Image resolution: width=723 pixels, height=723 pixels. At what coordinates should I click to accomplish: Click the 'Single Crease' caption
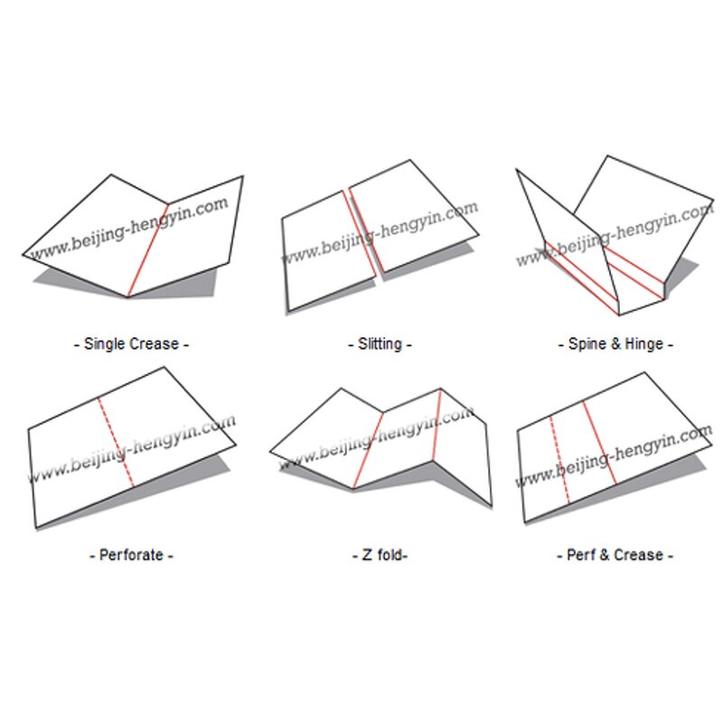coord(131,344)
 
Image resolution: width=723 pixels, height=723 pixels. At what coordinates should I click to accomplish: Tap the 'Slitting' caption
coord(380,344)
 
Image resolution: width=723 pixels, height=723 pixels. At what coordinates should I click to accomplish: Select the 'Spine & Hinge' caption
coord(615,344)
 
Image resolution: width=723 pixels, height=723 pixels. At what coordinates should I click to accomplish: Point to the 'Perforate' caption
coord(131,555)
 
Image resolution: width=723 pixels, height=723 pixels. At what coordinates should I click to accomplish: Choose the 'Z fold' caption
coord(380,555)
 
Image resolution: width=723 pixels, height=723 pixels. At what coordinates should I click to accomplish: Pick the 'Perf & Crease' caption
coord(615,555)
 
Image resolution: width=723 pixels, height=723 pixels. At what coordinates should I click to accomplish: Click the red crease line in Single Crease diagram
coord(147,250)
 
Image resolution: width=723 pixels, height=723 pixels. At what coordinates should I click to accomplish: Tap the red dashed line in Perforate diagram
coord(116,443)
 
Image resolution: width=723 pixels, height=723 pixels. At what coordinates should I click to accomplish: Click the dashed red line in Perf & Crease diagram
coord(559,460)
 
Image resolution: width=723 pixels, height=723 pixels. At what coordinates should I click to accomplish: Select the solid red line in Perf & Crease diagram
coord(599,443)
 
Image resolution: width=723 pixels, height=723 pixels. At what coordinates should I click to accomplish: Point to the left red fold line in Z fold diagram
coord(368,450)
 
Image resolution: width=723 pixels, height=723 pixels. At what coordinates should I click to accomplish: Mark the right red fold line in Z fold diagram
coord(437,425)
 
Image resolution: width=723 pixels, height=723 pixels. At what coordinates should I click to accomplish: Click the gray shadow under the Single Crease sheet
coord(125,284)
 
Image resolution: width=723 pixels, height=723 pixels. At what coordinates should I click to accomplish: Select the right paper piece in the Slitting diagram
coord(412,217)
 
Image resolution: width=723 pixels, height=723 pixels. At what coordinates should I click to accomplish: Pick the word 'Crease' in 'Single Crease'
coord(155,344)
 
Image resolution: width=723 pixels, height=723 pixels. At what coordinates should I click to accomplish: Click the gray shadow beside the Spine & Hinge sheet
coord(681,275)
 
